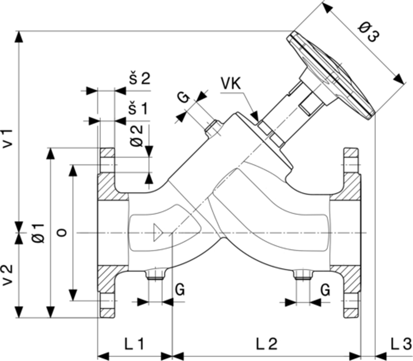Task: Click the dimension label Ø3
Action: coord(369,35)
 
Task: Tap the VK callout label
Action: coord(230,83)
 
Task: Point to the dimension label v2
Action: coord(9,273)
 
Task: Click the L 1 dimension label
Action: coord(133,343)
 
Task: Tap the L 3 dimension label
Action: coord(400,343)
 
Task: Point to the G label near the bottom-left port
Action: coord(180,290)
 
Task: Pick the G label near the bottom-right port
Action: coord(325,290)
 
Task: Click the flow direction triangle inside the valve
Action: coord(159,233)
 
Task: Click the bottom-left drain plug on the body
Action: coord(154,274)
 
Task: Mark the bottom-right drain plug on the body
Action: coord(301,274)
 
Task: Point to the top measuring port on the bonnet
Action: coord(213,129)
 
